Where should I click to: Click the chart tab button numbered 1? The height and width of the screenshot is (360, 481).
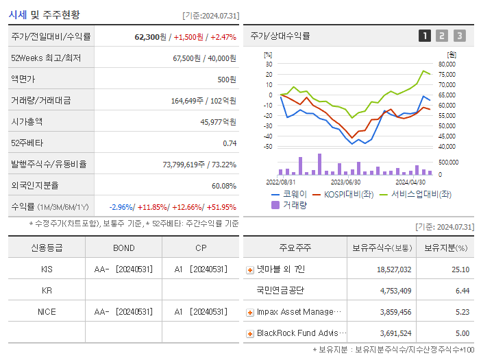pos(425,36)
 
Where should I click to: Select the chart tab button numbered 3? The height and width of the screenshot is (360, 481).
pos(460,36)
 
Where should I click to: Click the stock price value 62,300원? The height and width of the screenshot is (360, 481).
pos(150,37)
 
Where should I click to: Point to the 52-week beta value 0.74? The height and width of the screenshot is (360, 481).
pos(230,143)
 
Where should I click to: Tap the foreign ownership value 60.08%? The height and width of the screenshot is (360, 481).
pos(224,186)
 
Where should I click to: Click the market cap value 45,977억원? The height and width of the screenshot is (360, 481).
pos(218,122)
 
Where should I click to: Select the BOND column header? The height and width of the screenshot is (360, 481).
pos(123,248)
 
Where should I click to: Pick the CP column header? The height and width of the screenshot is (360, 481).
pos(201,248)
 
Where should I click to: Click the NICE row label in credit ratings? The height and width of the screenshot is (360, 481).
pos(47,312)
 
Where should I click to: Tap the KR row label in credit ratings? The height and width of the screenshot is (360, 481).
pos(47,290)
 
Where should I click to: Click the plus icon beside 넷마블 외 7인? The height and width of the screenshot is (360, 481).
pos(250,270)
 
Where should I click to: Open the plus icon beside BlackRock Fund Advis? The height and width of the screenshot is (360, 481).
pos(250,334)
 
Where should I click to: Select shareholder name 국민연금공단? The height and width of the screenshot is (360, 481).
pos(280,290)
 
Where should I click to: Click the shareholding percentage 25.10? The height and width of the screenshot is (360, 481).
pos(460,269)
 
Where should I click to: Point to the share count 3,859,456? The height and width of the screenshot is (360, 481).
pos(395,312)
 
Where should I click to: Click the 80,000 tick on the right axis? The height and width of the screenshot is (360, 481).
pos(447,64)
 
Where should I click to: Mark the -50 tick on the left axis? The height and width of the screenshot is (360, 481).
pos(268,147)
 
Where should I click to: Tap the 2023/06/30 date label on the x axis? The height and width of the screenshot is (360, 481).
pos(345,182)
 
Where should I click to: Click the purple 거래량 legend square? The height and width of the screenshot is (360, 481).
pos(275,205)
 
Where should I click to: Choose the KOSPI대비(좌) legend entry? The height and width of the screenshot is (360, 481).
pos(343,194)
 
